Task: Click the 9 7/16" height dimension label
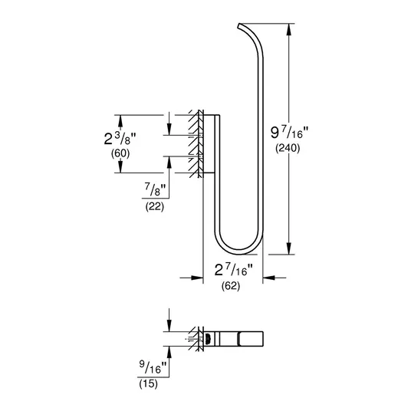click(290, 132)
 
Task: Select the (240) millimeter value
click(288, 148)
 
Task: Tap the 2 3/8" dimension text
click(120, 139)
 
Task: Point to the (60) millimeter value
click(120, 153)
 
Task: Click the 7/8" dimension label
click(155, 189)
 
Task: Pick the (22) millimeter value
click(155, 207)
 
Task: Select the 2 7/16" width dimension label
click(234, 270)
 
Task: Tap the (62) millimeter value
click(231, 286)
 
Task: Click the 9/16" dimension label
click(153, 367)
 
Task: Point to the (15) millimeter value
click(148, 384)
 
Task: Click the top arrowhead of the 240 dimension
click(289, 29)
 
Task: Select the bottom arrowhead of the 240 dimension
click(289, 248)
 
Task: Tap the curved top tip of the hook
click(238, 26)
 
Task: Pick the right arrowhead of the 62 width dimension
click(268, 278)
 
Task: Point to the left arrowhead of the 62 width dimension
click(197, 278)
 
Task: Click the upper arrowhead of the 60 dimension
click(120, 121)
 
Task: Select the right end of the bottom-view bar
click(263, 339)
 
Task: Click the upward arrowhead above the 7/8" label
click(169, 163)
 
